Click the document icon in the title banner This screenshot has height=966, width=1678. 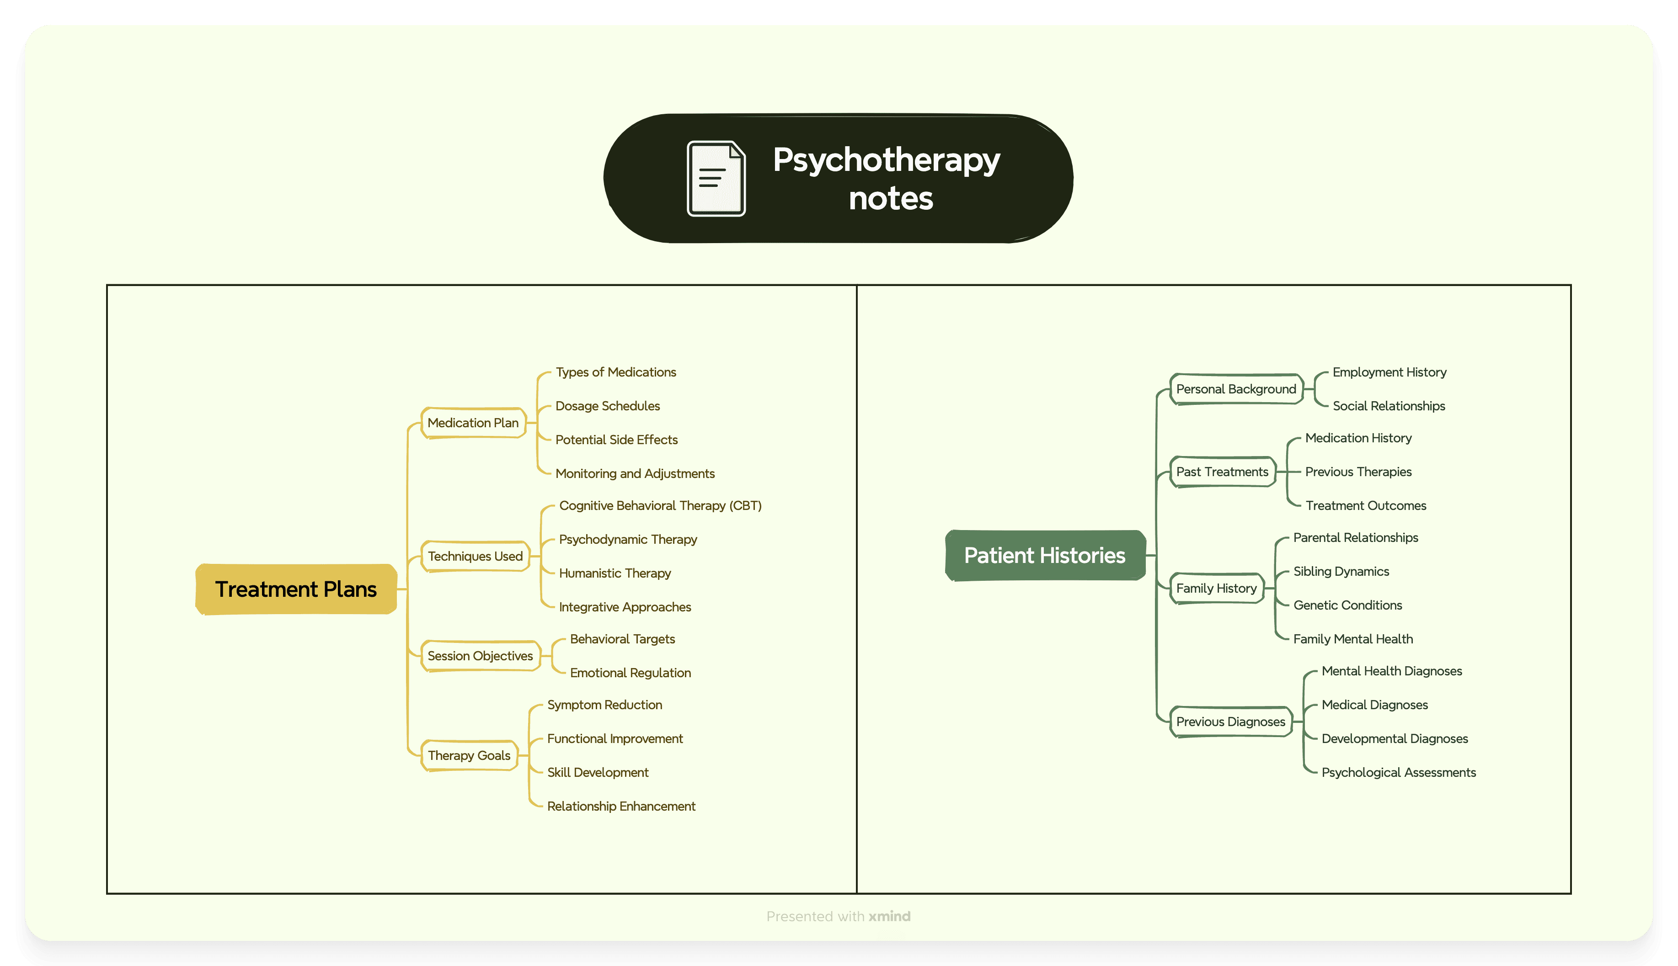(716, 179)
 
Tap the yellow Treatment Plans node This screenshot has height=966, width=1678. (296, 589)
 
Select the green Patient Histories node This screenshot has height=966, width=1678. (1045, 555)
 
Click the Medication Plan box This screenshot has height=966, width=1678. (473, 423)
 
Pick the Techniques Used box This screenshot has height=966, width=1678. (475, 556)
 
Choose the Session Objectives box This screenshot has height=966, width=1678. (481, 655)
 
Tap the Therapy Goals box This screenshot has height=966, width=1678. (469, 755)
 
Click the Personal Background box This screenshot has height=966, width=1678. (1236, 389)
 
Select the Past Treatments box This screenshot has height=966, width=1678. (1222, 472)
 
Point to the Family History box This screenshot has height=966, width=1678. (1217, 588)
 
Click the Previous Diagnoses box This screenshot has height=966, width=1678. (1231, 721)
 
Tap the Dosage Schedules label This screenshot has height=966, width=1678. (607, 406)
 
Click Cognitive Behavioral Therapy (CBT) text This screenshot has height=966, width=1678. (660, 505)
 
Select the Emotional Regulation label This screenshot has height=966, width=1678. (631, 673)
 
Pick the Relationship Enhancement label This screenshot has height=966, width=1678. (621, 806)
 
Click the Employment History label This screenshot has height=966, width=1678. (1389, 372)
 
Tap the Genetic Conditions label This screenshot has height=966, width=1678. (1347, 605)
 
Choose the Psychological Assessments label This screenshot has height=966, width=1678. (1399, 772)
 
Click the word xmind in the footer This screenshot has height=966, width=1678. (889, 916)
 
